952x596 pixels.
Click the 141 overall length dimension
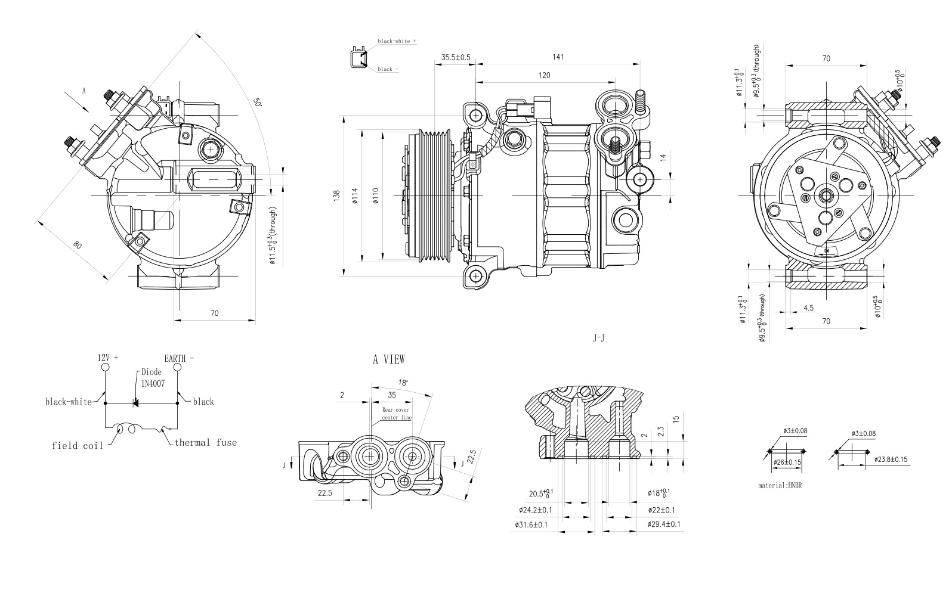[558, 57]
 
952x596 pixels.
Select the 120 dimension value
[544, 75]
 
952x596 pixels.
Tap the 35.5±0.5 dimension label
[456, 57]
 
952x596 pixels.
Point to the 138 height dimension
[336, 195]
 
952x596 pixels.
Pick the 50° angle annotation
[258, 102]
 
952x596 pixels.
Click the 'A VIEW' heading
[388, 359]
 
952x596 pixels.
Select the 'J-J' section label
[598, 338]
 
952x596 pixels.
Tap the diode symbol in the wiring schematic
[135, 403]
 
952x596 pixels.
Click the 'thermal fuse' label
[205, 442]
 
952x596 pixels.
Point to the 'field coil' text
[77, 445]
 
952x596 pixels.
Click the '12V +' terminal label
[108, 358]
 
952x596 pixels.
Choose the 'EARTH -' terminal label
[179, 358]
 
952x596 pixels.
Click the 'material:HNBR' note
[780, 485]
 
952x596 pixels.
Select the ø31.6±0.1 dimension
[531, 524]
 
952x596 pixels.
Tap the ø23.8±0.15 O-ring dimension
[891, 460]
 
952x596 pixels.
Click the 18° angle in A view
[403, 383]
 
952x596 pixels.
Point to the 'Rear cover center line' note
[396, 414]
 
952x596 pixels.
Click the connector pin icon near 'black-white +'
[357, 58]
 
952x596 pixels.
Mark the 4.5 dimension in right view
[808, 308]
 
